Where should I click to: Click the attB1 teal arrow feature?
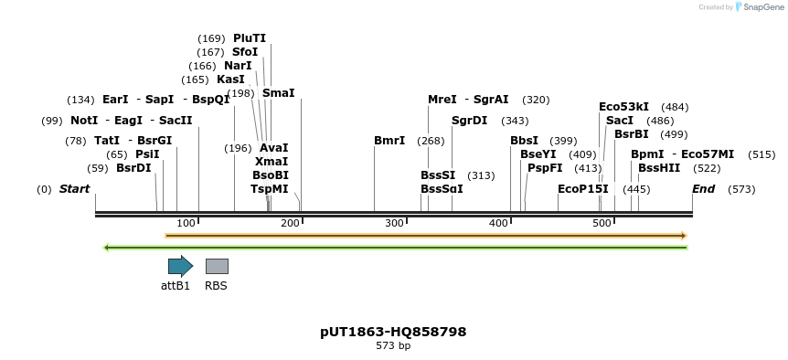point(180,266)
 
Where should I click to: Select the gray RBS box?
point(217,266)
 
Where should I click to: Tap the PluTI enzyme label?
point(250,38)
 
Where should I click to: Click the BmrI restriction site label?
point(389,141)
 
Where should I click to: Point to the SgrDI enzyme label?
point(469,121)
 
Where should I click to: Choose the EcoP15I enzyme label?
point(583,189)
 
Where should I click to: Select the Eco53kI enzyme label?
point(623,107)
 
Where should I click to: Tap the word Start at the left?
point(75,189)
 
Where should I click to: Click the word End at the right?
point(703,189)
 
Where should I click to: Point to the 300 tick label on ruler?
point(394,223)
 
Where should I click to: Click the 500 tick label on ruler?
point(602,223)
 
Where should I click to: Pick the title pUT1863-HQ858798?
point(393,332)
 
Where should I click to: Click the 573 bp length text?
point(393,346)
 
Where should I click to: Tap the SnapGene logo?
point(761,7)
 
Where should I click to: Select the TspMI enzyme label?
point(270,189)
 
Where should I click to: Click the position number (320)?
point(536,100)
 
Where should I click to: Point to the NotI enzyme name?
point(84,121)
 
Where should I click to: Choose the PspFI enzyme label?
point(545,168)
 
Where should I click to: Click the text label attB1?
point(176,285)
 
